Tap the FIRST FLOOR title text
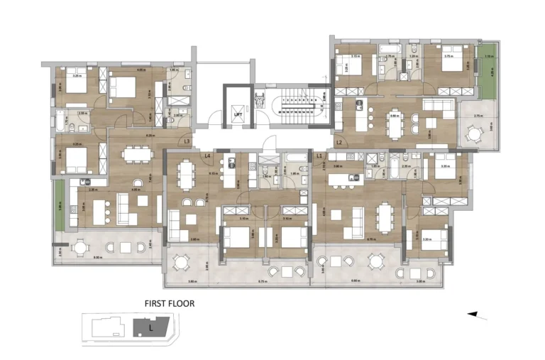[170, 303]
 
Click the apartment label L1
[320, 155]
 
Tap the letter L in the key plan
[150, 328]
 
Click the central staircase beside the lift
[294, 111]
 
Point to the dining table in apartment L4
[187, 173]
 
